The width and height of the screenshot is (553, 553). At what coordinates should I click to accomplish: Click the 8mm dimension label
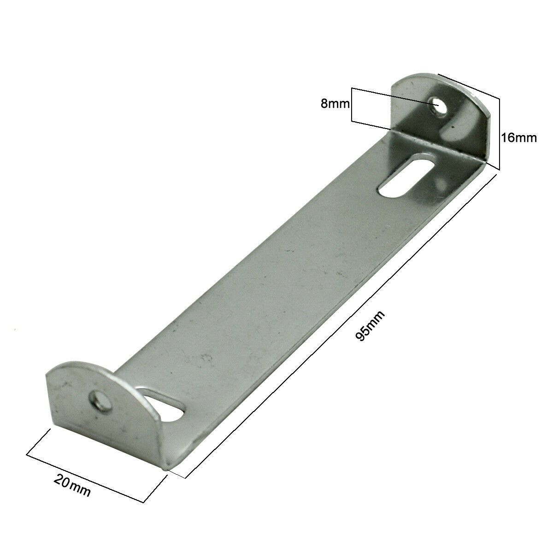coord(335,104)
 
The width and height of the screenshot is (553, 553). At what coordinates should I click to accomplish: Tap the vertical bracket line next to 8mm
coord(352,105)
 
